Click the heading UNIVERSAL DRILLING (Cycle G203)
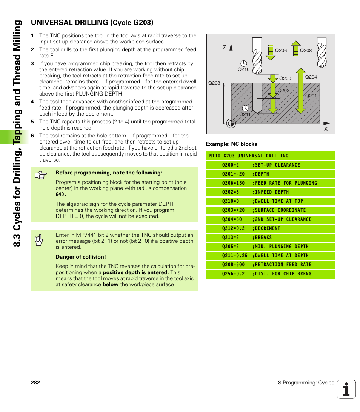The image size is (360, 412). point(92,23)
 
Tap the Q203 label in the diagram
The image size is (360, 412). point(214,83)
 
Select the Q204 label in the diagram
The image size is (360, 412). point(311,77)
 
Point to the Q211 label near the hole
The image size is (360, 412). point(245,114)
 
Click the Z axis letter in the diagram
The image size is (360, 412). point(224,48)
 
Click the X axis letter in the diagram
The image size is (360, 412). point(326,129)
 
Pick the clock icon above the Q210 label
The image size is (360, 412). point(243,63)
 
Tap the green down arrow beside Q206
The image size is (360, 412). point(270,52)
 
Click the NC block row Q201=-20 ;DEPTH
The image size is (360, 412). point(270,174)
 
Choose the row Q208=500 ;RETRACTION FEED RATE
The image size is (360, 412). point(270,265)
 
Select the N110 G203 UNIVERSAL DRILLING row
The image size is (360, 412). point(270,156)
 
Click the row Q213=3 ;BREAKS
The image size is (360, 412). point(270,238)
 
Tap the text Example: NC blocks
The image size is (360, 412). point(231,144)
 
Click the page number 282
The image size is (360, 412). point(35,383)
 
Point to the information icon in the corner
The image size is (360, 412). point(346,389)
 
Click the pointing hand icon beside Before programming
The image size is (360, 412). point(40,176)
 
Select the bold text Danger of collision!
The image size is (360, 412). point(81,257)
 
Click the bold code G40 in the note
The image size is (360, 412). point(61,194)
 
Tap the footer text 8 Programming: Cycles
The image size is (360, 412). point(306,383)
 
